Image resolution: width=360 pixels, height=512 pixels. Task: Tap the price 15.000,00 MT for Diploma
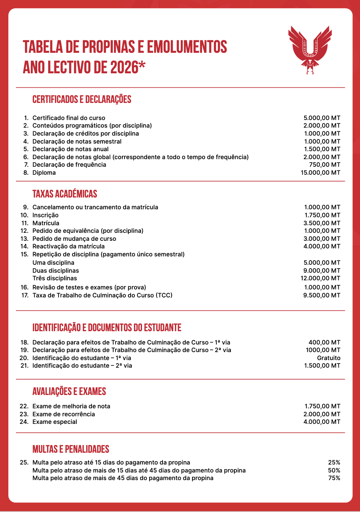321,173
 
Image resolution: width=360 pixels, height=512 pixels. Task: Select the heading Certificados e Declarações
82,100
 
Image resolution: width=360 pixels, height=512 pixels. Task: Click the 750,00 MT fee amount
325,165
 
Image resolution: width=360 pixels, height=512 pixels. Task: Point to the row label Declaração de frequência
69,165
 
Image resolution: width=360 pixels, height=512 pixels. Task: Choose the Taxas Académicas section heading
65,194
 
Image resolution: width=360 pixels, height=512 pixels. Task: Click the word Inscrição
46,215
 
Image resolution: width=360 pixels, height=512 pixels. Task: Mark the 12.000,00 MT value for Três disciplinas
321,278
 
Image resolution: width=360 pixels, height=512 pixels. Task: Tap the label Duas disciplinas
56,271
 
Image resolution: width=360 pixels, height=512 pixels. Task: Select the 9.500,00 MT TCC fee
322,296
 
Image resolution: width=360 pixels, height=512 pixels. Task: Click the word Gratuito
329,358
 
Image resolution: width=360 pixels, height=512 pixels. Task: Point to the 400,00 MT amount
325,343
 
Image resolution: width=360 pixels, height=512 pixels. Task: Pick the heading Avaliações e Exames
69,392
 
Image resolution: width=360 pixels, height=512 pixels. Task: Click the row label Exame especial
55,422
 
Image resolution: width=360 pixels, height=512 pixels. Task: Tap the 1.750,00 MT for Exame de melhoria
322,406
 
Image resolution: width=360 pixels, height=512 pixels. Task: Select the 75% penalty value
334,478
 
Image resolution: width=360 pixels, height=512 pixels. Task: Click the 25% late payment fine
334,463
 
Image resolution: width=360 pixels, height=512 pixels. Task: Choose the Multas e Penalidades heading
71,449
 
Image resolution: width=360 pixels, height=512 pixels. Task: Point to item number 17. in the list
25,296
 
